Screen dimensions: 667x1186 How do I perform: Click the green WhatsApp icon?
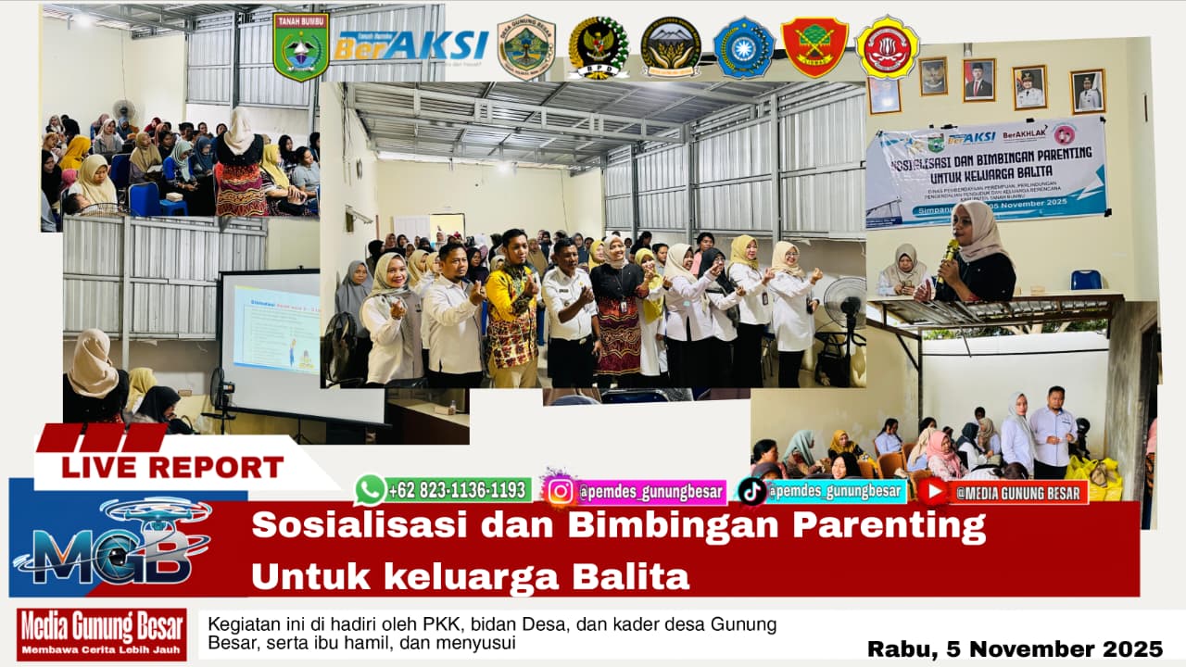pos(370,489)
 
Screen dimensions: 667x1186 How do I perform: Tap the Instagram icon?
pos(560,490)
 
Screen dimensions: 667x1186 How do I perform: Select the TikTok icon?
pos(751,491)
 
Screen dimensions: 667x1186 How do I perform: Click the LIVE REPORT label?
pos(172,467)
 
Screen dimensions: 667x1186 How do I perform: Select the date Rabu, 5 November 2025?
pos(1015,648)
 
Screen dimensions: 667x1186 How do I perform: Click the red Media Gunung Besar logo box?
pos(101,634)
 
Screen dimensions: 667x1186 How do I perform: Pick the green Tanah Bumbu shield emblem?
pos(300,45)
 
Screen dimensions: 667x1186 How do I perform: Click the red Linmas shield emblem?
pos(814,46)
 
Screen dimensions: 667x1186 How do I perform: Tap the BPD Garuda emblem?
pos(599,47)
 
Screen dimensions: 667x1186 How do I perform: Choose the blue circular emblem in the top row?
pos(743,47)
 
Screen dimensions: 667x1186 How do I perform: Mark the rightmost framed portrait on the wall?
pos(1088,91)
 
